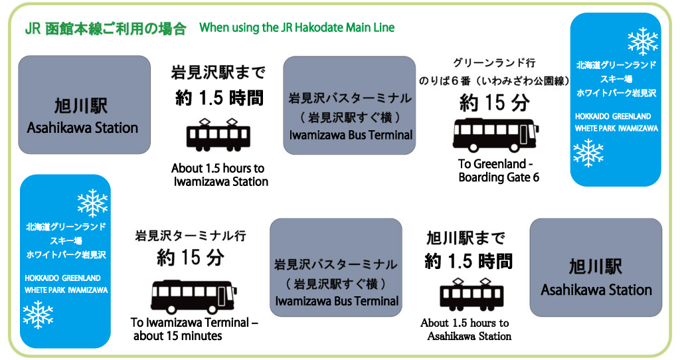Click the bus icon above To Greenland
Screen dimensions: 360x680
tap(496, 135)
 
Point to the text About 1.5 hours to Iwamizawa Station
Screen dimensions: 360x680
tap(220, 175)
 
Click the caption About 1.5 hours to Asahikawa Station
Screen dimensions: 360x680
tap(466, 329)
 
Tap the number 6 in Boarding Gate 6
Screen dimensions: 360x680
tap(535, 178)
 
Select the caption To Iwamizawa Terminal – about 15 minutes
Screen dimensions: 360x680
tap(194, 329)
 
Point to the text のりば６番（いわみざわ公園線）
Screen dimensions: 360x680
tap(494, 81)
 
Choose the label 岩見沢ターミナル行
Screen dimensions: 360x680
tap(191, 236)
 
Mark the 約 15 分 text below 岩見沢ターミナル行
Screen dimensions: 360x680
tap(191, 258)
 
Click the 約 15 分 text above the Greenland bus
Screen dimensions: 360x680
tap(495, 103)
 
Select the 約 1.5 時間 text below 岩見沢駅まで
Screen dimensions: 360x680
tap(219, 98)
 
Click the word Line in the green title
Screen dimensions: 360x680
tap(384, 28)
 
